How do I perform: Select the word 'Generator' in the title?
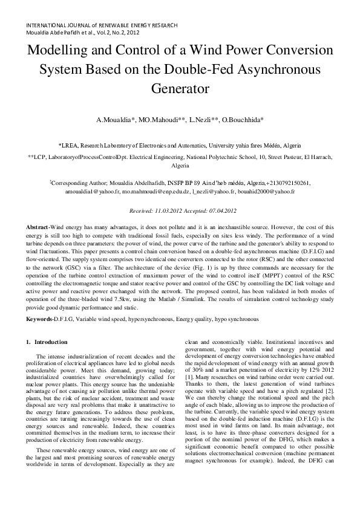coord(180,88)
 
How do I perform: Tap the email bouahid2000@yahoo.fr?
coord(267,191)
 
